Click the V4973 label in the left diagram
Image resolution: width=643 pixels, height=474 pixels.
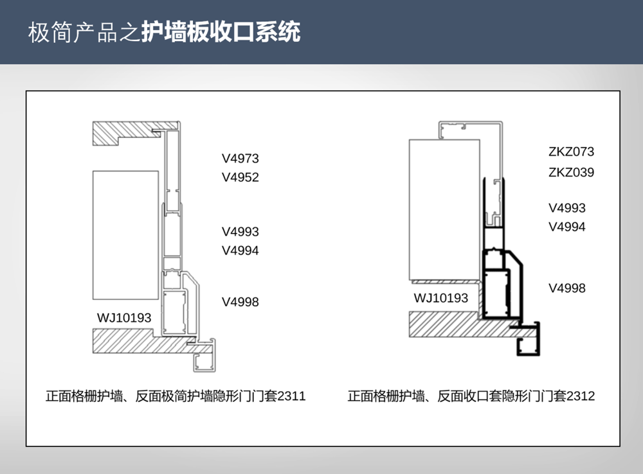click(240, 159)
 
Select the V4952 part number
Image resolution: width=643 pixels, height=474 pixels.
click(240, 177)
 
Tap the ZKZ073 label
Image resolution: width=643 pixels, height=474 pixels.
click(571, 152)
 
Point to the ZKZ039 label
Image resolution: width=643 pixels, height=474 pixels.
click(571, 172)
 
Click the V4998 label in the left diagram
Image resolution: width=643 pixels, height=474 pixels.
click(240, 302)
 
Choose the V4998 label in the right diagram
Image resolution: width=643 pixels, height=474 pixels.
click(567, 288)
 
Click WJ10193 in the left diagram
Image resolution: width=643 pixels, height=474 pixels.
click(124, 317)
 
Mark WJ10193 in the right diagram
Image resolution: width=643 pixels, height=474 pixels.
click(441, 298)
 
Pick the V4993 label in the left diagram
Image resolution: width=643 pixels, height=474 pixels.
click(240, 231)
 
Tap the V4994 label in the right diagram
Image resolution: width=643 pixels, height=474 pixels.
click(567, 227)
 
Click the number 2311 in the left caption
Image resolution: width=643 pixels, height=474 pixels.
click(291, 396)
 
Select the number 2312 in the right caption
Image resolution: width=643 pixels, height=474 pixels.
click(581, 396)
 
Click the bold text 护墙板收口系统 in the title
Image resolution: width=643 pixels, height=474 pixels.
click(221, 32)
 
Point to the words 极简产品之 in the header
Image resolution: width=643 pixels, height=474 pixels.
click(84, 32)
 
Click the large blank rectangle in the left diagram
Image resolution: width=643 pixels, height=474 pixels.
click(125, 234)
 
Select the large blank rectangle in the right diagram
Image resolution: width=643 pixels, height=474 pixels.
click(444, 210)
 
